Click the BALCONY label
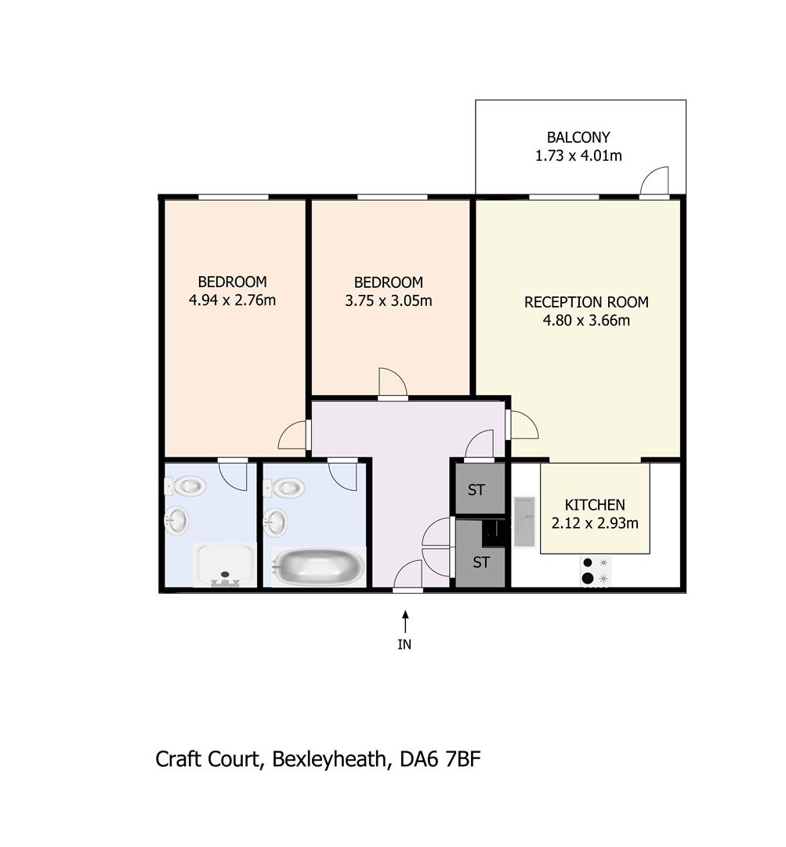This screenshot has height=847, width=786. (578, 137)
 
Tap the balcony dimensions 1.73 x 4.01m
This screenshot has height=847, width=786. (578, 155)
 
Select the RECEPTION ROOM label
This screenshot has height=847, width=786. (586, 302)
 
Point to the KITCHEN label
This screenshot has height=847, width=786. (595, 505)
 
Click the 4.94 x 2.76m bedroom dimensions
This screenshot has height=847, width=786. (232, 300)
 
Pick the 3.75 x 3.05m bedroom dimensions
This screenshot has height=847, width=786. (389, 300)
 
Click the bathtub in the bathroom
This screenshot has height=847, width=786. (317, 565)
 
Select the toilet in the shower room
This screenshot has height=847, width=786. (185, 486)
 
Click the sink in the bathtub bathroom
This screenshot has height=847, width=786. (277, 522)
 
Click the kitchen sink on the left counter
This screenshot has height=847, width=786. (523, 522)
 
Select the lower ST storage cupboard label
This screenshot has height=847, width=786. (481, 562)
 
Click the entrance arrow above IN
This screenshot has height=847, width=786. (405, 621)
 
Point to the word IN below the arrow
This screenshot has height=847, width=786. (404, 645)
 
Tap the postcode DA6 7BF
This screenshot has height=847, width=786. (440, 759)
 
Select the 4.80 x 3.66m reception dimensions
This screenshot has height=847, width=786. (586, 320)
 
